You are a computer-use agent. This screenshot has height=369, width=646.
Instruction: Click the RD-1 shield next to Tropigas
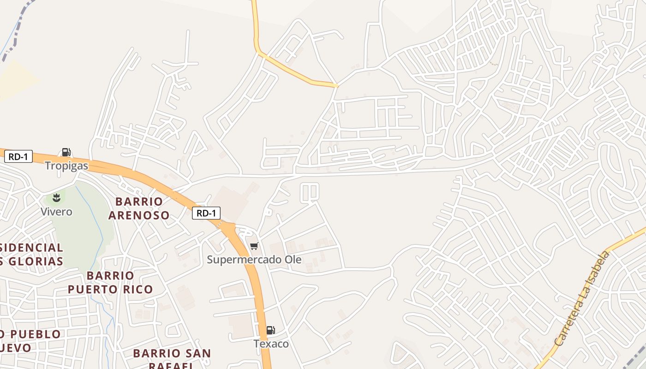pyautogui.click(x=18, y=157)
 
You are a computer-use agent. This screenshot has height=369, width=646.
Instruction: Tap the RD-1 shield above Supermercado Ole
pyautogui.click(x=206, y=213)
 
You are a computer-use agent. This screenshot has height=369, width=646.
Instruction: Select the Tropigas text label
pyautogui.click(x=66, y=166)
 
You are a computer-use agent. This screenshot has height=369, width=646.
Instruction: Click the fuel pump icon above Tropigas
pyautogui.click(x=66, y=152)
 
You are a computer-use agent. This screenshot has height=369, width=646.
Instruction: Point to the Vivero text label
pyautogui.click(x=56, y=212)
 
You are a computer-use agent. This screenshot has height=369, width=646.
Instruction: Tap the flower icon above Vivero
pyautogui.click(x=56, y=198)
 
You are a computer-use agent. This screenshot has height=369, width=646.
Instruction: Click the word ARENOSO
pyautogui.click(x=138, y=215)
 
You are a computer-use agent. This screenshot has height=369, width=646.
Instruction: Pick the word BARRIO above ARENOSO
pyautogui.click(x=139, y=202)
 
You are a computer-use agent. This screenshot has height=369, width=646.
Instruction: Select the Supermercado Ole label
pyautogui.click(x=254, y=260)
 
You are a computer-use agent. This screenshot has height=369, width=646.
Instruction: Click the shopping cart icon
pyautogui.click(x=254, y=246)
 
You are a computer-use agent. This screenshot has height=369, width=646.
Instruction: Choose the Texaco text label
pyautogui.click(x=271, y=344)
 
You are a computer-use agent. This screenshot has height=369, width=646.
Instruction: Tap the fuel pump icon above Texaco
pyautogui.click(x=270, y=330)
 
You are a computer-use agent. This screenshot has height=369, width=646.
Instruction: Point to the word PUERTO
pyautogui.click(x=95, y=289)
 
